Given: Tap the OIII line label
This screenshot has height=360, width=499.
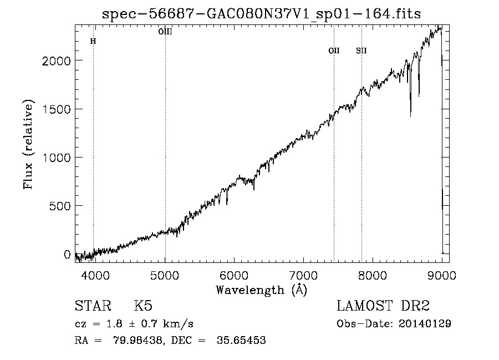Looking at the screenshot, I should pos(165,32).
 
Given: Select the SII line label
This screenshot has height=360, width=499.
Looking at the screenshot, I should pos(361,50).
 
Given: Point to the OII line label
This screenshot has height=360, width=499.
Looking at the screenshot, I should pos(334,50).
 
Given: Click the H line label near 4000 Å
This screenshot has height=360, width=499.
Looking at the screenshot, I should pos(93,41).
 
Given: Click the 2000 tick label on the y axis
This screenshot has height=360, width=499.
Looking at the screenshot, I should pos(57,60).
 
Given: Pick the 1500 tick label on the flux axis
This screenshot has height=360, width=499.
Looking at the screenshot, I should pos(57,109).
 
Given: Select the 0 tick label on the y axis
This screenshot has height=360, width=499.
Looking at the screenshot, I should pos(67,255).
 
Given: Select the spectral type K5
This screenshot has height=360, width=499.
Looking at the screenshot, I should pos(143,306).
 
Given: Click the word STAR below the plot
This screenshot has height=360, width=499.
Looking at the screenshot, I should pos(93,306).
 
